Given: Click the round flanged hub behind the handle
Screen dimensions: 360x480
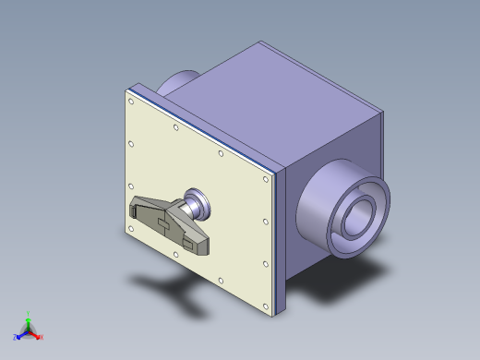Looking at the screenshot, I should coord(198,202).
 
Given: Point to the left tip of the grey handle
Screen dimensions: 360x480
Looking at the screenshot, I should coord(132,207).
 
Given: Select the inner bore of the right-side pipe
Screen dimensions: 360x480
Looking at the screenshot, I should coord(359,222).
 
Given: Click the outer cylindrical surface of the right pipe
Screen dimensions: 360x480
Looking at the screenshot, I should coord(318,208).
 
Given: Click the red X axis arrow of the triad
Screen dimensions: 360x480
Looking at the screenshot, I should coord(38,337).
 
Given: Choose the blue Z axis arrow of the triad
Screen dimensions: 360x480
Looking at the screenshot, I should coord(19,334).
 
